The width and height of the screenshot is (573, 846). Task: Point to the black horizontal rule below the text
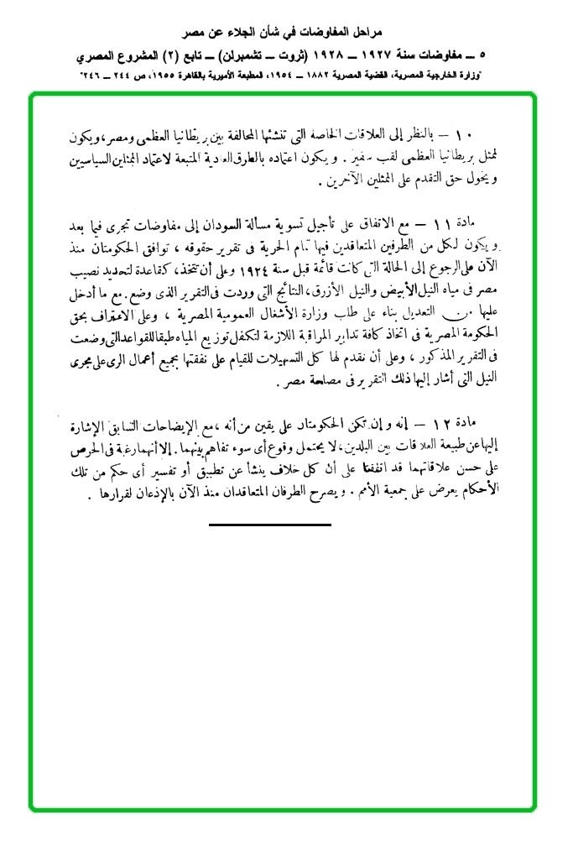click(x=269, y=525)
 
